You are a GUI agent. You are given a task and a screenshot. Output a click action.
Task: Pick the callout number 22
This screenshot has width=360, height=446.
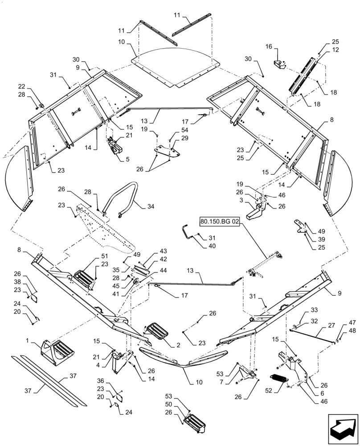click(21, 86)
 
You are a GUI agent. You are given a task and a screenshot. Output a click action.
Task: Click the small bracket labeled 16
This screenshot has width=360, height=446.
click(280, 65)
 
